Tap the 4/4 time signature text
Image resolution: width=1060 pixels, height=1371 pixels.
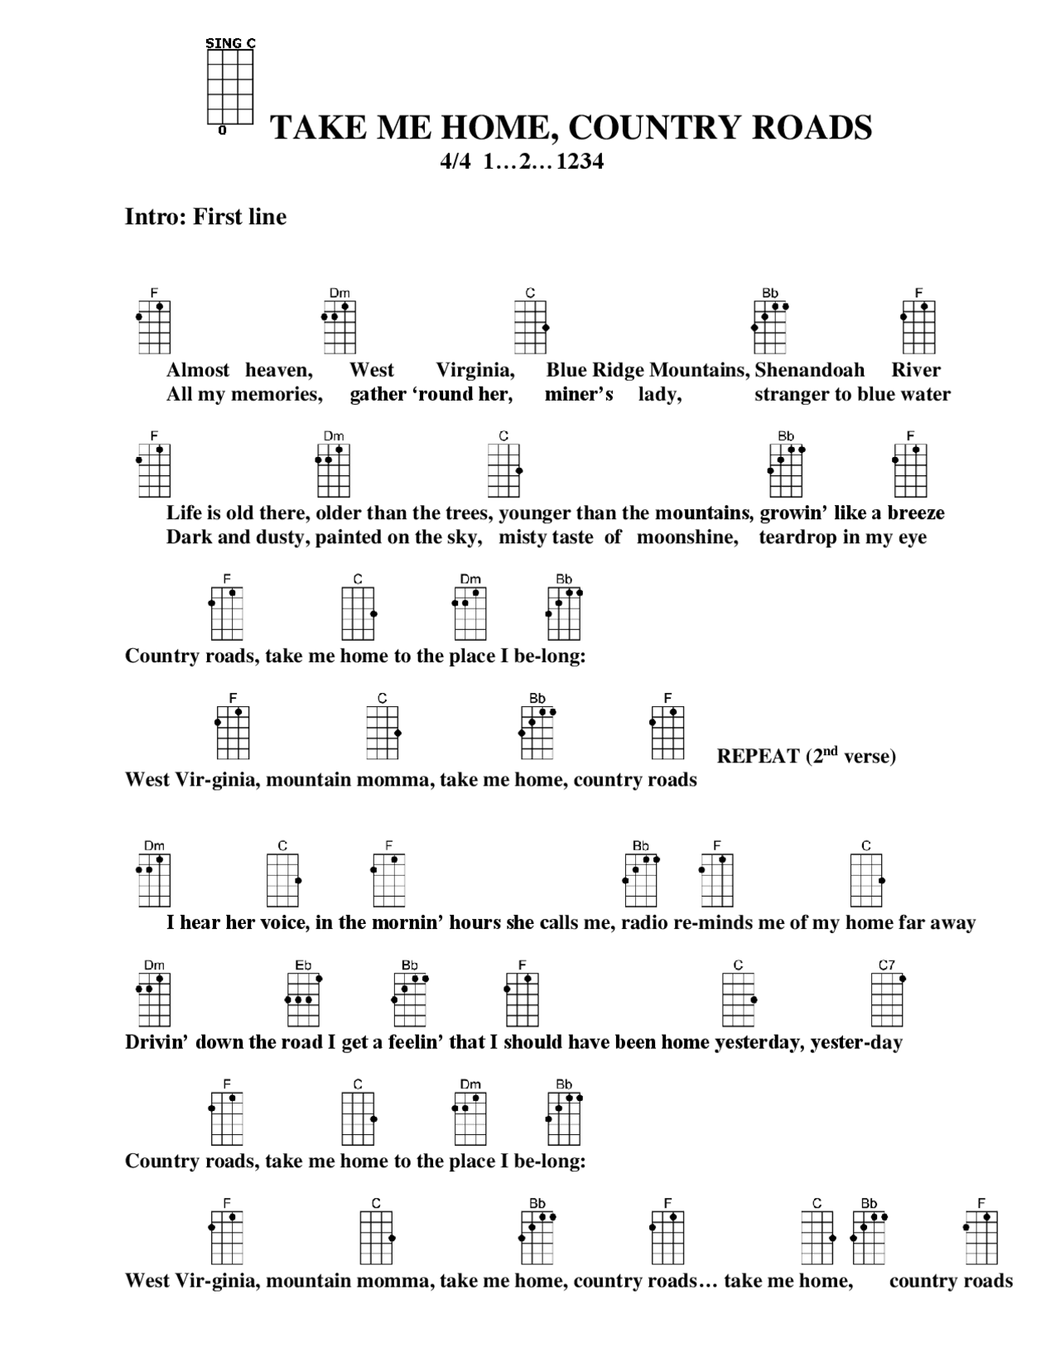pyautogui.click(x=455, y=161)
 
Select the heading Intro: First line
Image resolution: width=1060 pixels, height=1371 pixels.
pyautogui.click(x=205, y=217)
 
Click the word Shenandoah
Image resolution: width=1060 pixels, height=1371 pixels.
pyautogui.click(x=809, y=370)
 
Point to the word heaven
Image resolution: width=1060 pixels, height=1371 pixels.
pyautogui.click(x=278, y=370)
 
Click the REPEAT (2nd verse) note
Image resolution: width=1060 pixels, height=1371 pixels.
pyautogui.click(x=806, y=756)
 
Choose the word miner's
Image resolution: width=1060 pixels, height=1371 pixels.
pyautogui.click(x=579, y=395)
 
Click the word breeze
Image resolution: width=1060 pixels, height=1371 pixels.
pyautogui.click(x=916, y=513)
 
